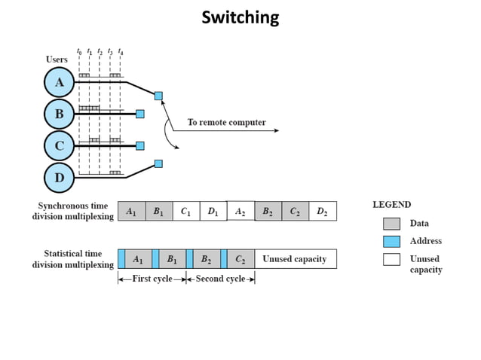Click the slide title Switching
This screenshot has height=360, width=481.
(240, 17)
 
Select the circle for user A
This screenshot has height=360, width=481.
(60, 83)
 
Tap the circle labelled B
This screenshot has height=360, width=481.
(60, 114)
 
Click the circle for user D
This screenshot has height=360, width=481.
(60, 177)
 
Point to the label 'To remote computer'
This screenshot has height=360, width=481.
(226, 122)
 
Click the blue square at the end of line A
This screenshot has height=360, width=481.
(158, 96)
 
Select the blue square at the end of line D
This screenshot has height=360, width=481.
(158, 163)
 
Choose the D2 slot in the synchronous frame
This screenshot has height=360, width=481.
(323, 212)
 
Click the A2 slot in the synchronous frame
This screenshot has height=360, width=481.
(240, 212)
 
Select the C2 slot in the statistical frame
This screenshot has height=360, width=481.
(240, 259)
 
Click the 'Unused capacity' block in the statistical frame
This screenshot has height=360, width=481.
(295, 259)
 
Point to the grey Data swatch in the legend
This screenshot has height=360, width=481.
(391, 224)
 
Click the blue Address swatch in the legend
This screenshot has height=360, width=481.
(391, 241)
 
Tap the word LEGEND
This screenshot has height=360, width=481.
(392, 204)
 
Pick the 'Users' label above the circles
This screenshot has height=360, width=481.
(57, 59)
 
